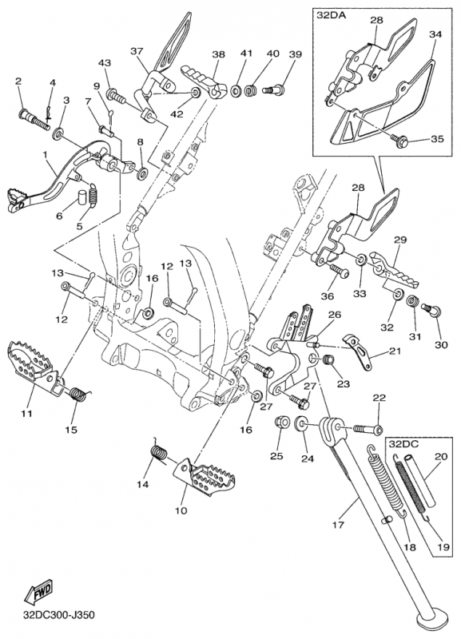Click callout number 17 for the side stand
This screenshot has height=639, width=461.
click(338, 525)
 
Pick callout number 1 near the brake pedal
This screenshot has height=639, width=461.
click(46, 155)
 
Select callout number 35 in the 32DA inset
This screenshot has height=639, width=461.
click(437, 139)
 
